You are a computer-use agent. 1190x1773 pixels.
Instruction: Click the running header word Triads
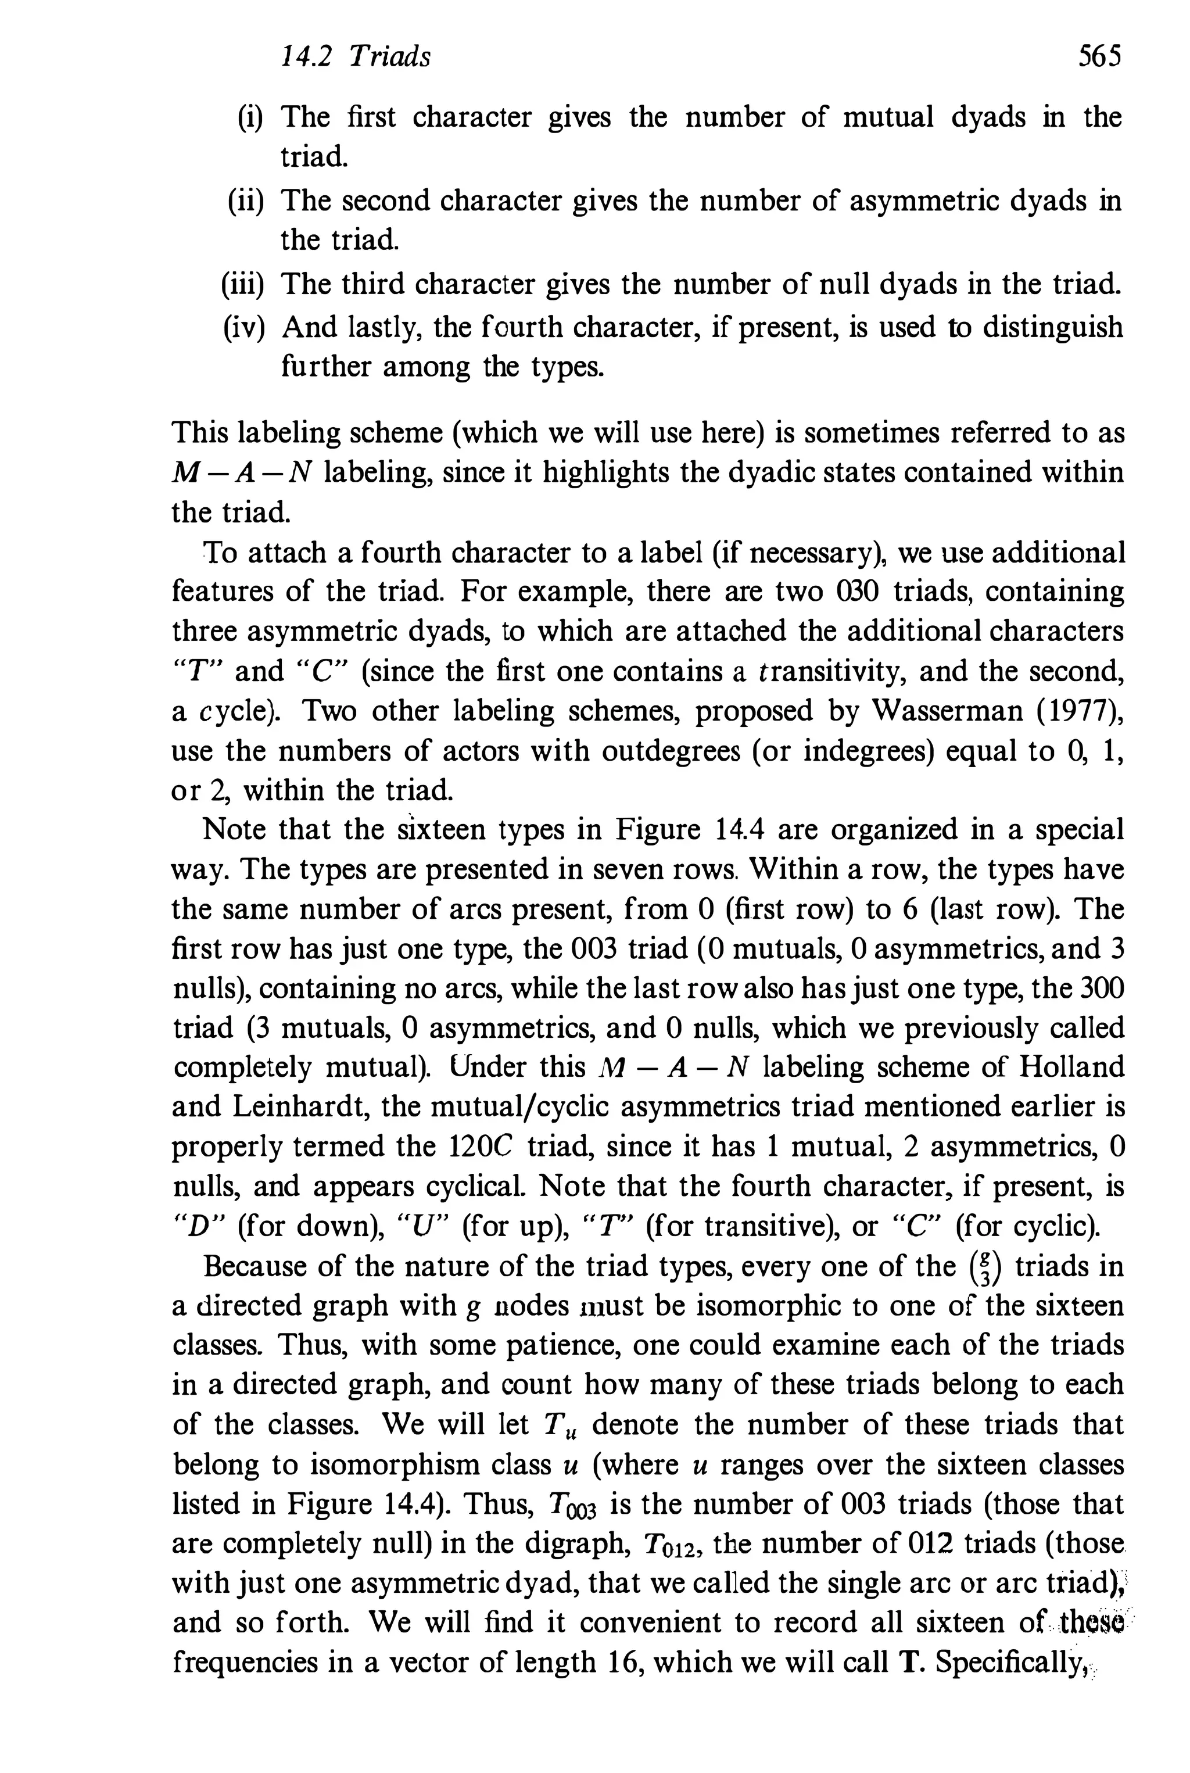(x=389, y=57)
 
